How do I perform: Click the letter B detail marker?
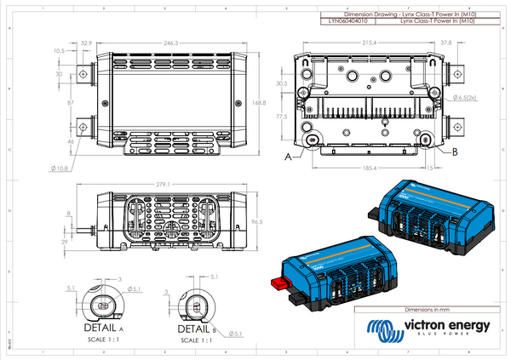click(455, 151)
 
